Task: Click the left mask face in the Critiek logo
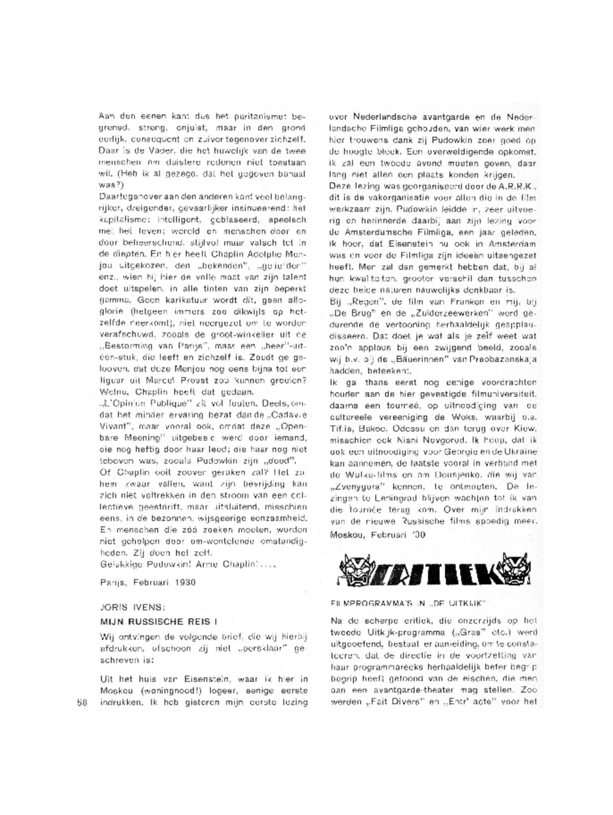[x=355, y=567]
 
